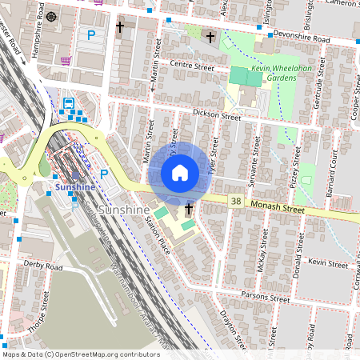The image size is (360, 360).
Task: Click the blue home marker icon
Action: [x=180, y=172]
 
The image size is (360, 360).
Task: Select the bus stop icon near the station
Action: [x=70, y=103]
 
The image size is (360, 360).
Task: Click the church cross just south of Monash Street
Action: [x=189, y=210]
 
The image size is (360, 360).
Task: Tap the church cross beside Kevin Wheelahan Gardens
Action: [x=211, y=37]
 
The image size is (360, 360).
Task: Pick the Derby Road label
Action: [x=43, y=266]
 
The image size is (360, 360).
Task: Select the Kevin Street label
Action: [x=328, y=262]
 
